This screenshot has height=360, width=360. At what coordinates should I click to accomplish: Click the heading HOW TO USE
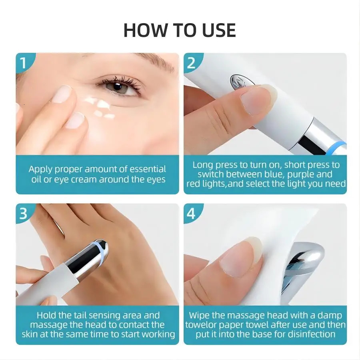pos(180,30)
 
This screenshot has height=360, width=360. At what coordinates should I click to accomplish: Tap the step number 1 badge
pos(23,63)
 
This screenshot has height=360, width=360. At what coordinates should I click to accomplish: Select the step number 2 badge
pos(191,63)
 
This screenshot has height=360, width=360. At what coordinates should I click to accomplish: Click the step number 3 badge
pos(23,214)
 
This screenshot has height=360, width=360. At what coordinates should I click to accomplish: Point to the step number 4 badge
pos(191,214)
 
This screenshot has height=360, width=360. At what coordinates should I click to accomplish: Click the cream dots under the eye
pos(100,107)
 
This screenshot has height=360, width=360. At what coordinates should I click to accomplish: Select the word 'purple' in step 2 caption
pos(290,174)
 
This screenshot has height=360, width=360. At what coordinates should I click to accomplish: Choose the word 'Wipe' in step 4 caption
pos(199,315)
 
